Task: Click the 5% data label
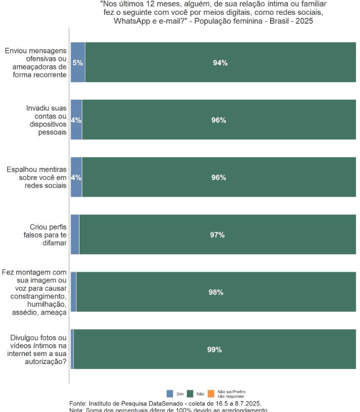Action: click(78, 63)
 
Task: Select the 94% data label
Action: click(220, 63)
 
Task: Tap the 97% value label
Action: click(217, 235)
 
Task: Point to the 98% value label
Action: click(216, 292)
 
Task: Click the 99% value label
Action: click(215, 350)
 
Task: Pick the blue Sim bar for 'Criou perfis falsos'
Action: click(75, 235)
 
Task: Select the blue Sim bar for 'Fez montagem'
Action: click(73, 292)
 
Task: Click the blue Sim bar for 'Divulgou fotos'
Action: click(72, 350)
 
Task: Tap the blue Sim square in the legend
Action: click(170, 394)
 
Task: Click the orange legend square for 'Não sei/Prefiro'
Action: click(211, 394)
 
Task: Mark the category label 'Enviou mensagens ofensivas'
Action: click(36, 63)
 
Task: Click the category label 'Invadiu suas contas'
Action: click(47, 120)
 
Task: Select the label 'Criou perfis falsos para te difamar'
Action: click(48, 235)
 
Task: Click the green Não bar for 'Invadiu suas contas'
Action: click(219, 120)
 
